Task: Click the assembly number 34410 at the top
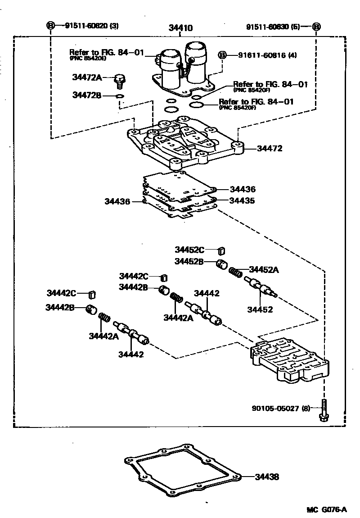[x=180, y=28]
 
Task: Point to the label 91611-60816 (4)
[x=260, y=55]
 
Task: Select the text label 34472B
[x=88, y=95]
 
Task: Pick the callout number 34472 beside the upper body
[x=270, y=148]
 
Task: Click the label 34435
[x=242, y=201]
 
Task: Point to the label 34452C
[x=190, y=250]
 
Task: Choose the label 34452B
[x=190, y=261]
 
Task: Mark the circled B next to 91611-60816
[x=222, y=55]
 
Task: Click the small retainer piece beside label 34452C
[x=221, y=251]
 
